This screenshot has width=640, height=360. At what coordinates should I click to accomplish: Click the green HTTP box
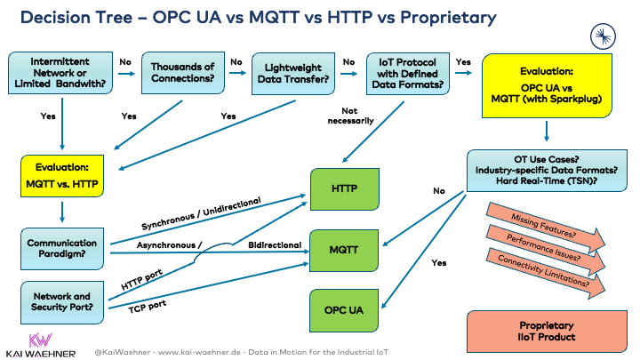pos(345,188)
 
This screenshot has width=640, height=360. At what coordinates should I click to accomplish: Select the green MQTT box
pos(345,251)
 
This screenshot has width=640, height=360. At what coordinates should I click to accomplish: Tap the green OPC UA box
pos(345,311)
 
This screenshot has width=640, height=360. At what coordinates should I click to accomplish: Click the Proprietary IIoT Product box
pos(546,331)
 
